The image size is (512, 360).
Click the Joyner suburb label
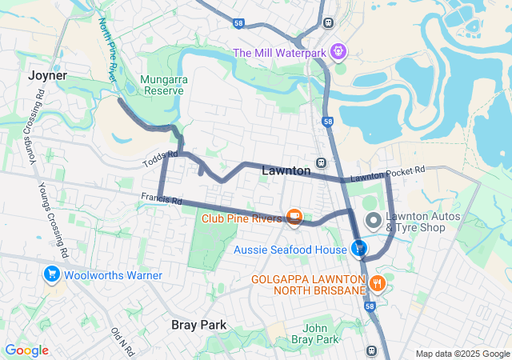click(46, 75)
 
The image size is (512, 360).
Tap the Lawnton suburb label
click(286, 171)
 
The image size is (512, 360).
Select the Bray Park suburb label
click(199, 325)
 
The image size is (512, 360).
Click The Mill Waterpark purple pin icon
click(338, 52)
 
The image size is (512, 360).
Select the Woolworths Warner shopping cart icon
click(52, 275)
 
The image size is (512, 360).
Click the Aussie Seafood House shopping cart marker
click(358, 250)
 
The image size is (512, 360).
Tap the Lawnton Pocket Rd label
click(387, 174)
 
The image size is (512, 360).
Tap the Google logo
click(26, 350)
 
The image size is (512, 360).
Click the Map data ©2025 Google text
click(462, 354)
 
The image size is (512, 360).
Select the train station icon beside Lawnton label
click(321, 162)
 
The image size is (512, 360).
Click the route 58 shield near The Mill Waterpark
click(240, 24)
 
